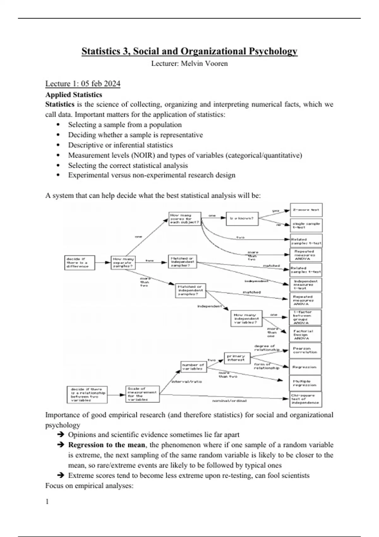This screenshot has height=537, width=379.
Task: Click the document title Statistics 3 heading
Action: click(x=189, y=51)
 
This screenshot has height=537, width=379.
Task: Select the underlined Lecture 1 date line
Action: click(x=83, y=84)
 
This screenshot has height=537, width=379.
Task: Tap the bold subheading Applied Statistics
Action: click(x=74, y=95)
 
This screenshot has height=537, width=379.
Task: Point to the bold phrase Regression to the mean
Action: click(x=106, y=445)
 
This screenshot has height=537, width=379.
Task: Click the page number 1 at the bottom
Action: click(x=47, y=502)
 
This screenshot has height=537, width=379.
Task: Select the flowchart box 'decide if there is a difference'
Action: click(x=79, y=262)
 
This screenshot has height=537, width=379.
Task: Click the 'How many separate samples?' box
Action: click(x=123, y=262)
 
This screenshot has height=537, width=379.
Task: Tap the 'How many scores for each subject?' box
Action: click(x=185, y=219)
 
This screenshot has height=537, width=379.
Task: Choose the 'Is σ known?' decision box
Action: click(x=242, y=218)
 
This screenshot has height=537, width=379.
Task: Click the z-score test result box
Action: click(x=306, y=210)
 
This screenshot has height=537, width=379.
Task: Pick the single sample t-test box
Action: click(x=306, y=225)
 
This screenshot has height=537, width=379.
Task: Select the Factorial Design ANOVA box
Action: click(x=305, y=335)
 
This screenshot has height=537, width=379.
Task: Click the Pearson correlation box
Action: click(x=305, y=351)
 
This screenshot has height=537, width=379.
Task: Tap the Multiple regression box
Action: click(x=305, y=383)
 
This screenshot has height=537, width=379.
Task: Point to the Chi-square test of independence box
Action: click(x=306, y=399)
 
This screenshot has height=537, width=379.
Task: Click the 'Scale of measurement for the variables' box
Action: click(x=142, y=394)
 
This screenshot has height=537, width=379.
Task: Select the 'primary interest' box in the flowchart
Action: click(x=237, y=358)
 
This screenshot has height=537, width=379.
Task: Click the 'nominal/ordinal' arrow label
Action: click(x=229, y=401)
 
